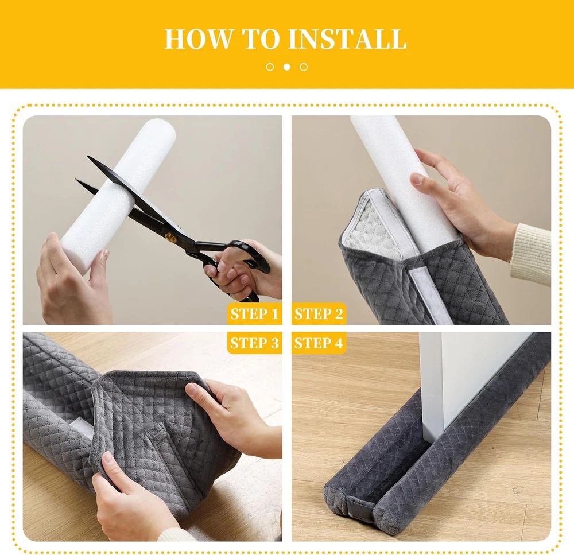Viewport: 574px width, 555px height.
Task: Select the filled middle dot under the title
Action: [287, 67]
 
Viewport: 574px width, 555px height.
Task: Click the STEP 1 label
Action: [254, 314]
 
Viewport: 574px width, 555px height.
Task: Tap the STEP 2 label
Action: [319, 314]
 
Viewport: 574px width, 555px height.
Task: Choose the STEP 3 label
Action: [254, 343]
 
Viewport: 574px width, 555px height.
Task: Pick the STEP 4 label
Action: [319, 343]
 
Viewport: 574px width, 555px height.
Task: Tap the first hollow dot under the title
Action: [270, 67]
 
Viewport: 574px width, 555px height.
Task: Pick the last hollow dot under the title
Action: [304, 67]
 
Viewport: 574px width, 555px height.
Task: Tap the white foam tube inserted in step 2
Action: [403, 183]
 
